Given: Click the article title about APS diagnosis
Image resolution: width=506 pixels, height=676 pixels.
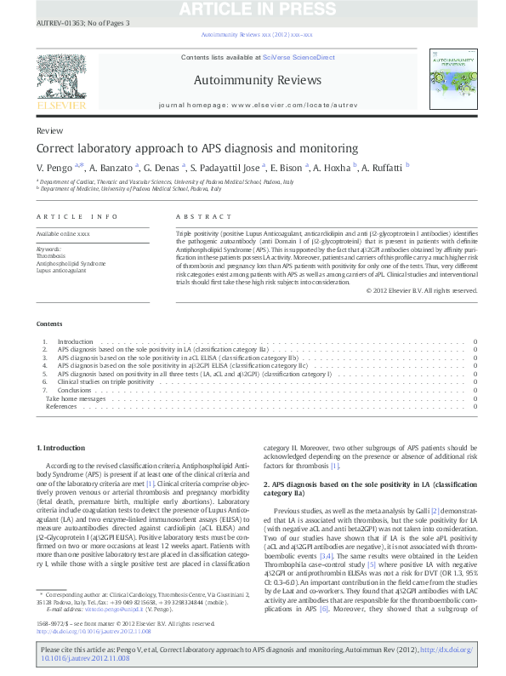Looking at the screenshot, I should point(197,147).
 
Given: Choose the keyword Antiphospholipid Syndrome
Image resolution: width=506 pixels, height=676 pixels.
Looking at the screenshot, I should point(71,263).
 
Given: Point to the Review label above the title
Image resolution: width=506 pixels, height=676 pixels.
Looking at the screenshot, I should point(49,131).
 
